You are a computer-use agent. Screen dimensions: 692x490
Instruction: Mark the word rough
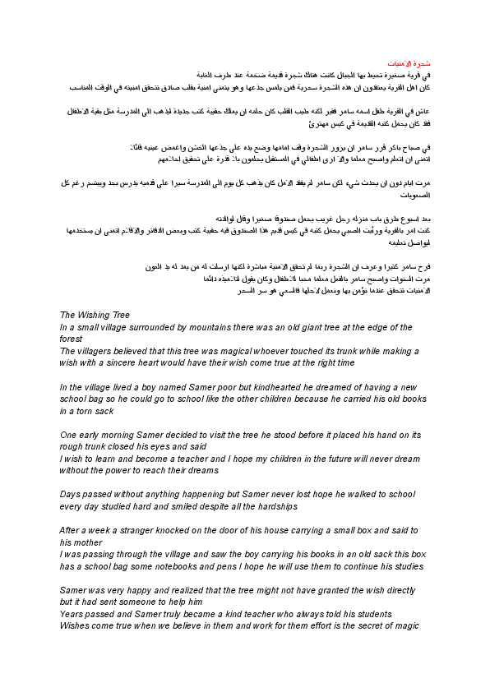(x=73, y=447)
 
